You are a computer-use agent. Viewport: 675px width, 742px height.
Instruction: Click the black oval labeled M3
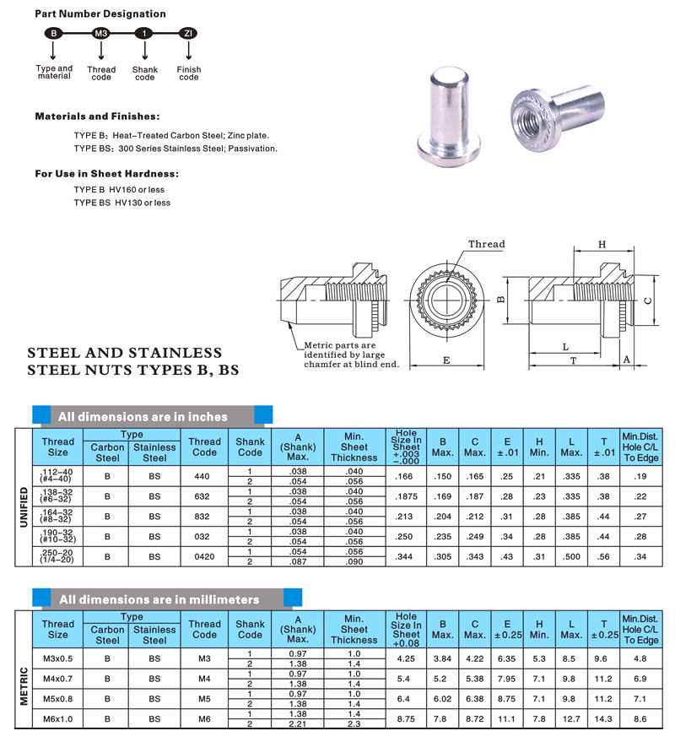click(100, 33)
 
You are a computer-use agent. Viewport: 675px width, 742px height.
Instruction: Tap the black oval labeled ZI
click(188, 33)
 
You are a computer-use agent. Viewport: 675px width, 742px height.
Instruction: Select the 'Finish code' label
click(189, 73)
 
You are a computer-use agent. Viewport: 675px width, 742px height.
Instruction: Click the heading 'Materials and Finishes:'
click(97, 116)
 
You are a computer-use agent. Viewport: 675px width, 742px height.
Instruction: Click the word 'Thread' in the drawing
click(487, 245)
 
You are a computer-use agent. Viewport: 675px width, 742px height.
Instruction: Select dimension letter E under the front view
click(445, 360)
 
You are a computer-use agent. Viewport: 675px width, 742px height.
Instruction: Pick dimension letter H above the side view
click(602, 244)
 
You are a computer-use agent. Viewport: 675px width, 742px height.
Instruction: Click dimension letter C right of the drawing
click(648, 301)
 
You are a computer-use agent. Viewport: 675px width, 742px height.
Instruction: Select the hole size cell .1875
click(406, 497)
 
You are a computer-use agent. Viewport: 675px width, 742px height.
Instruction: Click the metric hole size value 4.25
click(406, 658)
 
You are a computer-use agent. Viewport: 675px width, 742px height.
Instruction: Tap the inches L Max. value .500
click(571, 556)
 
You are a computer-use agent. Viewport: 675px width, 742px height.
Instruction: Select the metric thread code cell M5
click(205, 697)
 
